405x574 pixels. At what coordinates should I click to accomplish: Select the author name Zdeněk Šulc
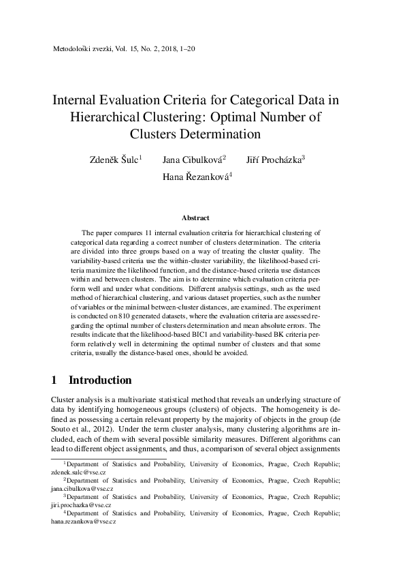(x=114, y=160)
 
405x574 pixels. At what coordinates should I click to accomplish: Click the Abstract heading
(x=195, y=218)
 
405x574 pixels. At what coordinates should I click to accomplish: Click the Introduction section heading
(x=100, y=380)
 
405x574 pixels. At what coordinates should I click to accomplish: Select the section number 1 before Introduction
(x=54, y=380)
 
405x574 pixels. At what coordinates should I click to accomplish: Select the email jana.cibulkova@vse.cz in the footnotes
(x=82, y=489)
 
